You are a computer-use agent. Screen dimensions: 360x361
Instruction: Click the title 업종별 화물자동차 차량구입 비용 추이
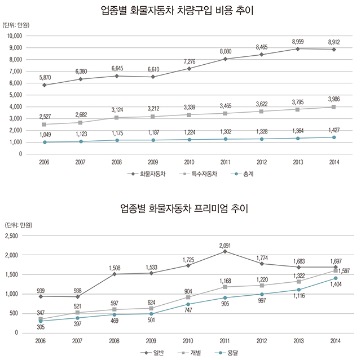[x=180, y=10]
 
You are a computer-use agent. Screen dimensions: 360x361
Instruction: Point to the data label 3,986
[x=335, y=99]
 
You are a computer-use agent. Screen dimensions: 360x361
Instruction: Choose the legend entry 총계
[x=243, y=175]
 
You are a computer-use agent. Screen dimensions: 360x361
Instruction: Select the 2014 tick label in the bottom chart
[x=334, y=341]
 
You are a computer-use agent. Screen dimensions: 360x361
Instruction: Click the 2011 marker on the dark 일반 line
[x=225, y=251]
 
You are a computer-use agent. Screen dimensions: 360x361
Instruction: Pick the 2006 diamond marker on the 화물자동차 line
[x=45, y=85]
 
